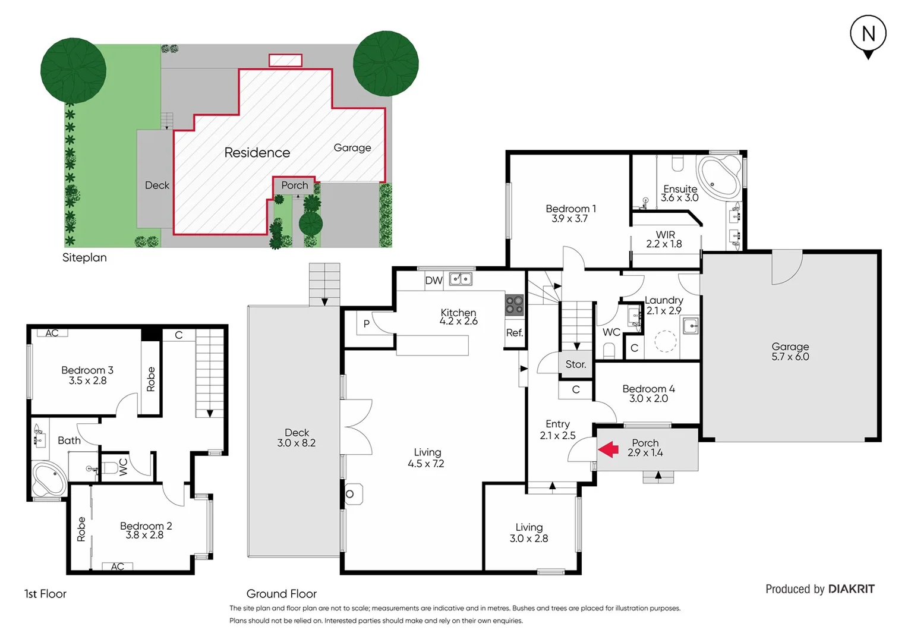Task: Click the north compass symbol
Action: [868, 35]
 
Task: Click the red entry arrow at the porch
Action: [609, 449]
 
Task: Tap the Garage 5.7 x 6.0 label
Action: [790, 351]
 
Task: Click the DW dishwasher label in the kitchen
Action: [433, 281]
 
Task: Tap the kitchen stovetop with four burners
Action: [514, 305]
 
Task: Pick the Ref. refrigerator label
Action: [514, 333]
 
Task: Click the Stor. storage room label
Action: [575, 364]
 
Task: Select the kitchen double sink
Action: [461, 279]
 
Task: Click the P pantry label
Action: [366, 324]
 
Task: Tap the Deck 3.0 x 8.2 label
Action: [296, 438]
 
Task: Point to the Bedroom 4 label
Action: [648, 393]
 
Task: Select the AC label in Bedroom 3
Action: [52, 333]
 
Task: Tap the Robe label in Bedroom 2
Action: [81, 528]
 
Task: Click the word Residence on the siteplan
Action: [257, 153]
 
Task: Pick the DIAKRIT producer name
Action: [851, 589]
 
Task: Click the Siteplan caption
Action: [84, 257]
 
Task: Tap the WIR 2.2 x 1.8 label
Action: [664, 239]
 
